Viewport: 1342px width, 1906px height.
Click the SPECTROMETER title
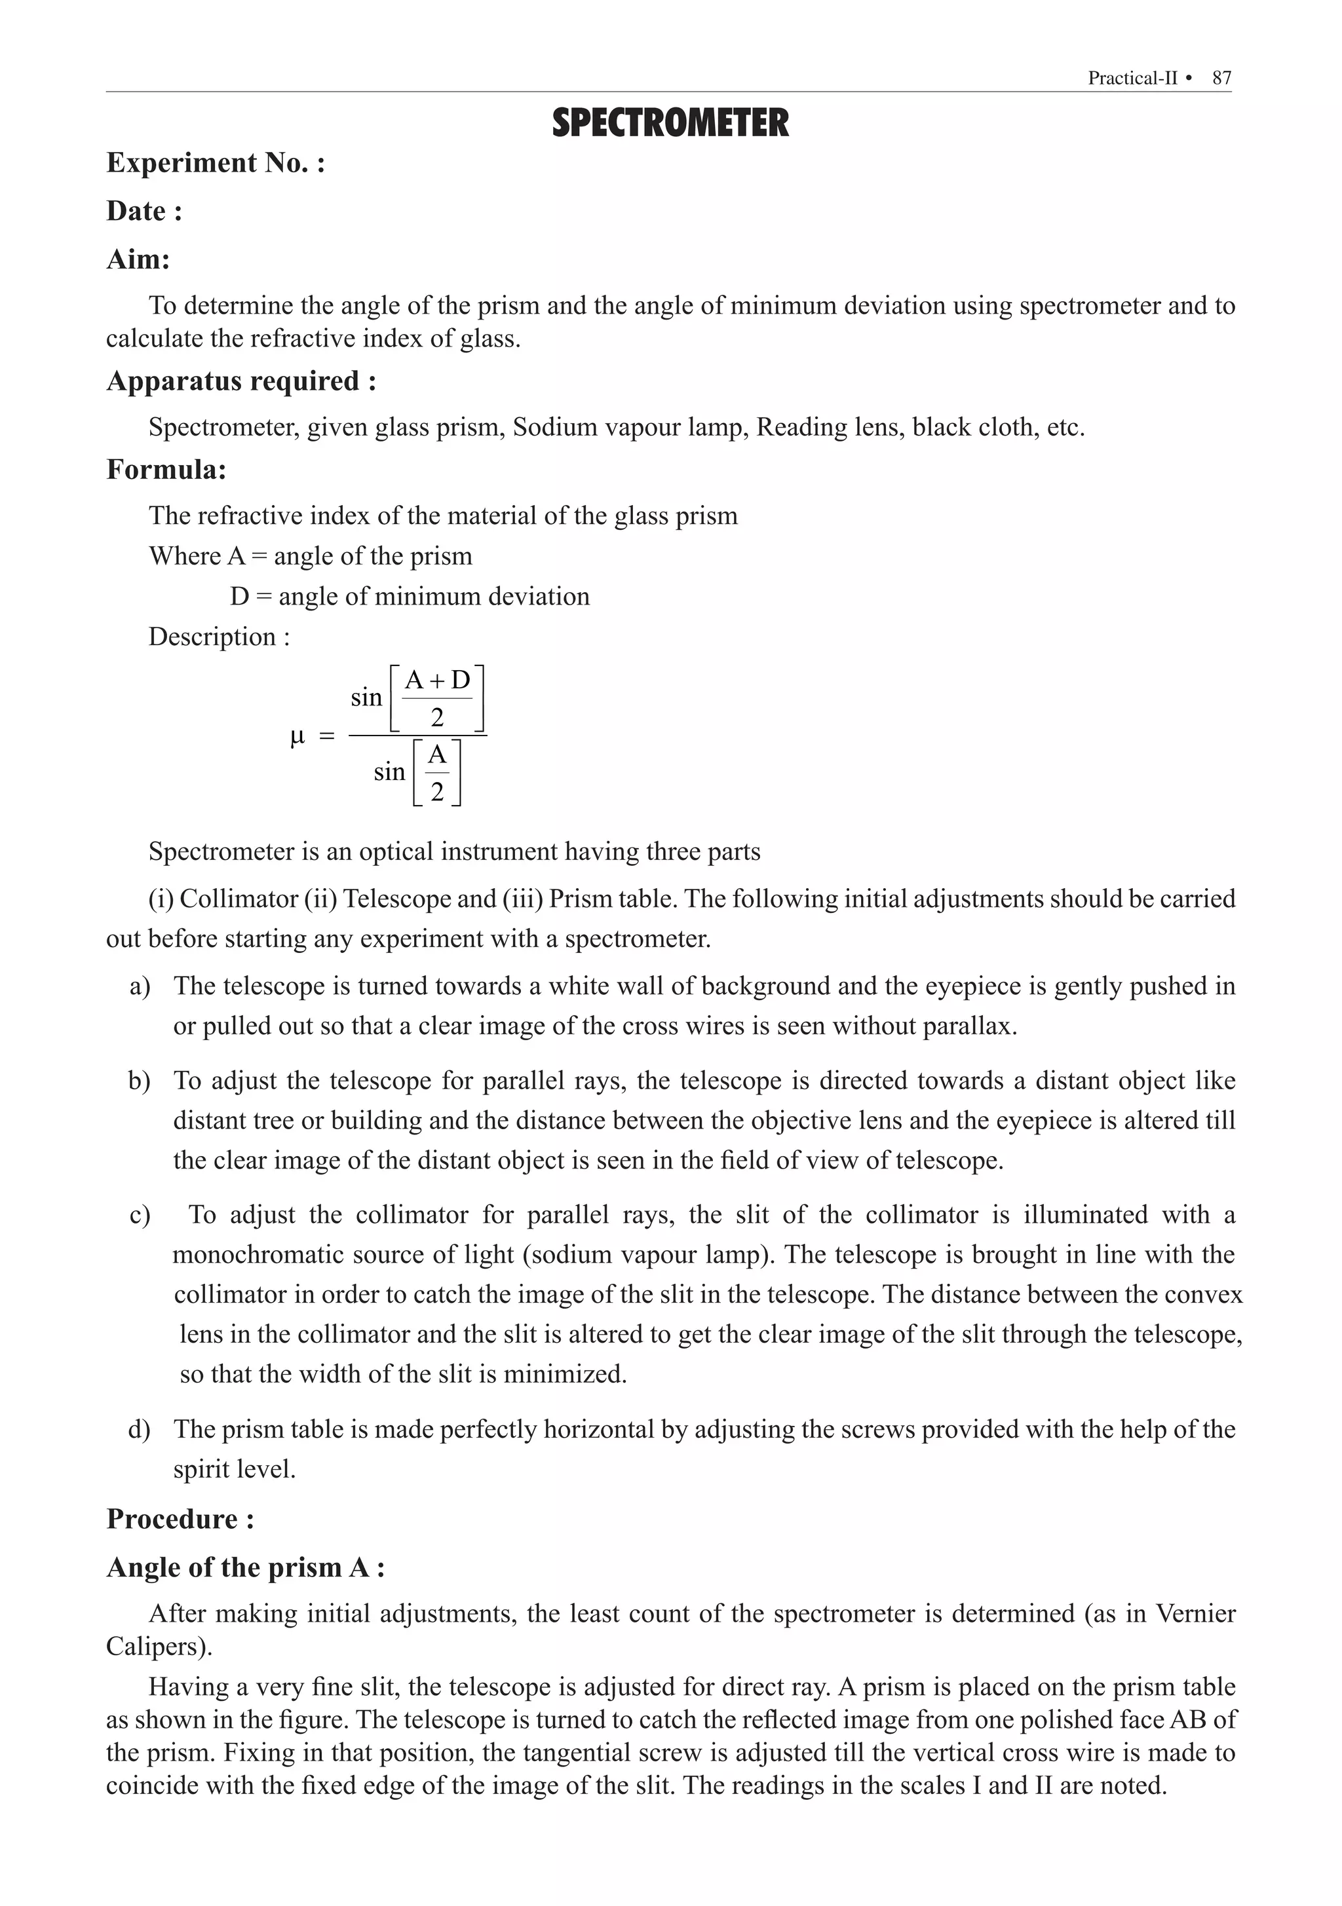click(670, 124)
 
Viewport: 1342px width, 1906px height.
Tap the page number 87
click(1221, 78)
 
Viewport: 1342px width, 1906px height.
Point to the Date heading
click(144, 211)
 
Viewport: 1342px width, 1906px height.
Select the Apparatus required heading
click(241, 381)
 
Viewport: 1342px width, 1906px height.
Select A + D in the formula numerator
click(437, 681)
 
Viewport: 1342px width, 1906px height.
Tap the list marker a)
click(140, 986)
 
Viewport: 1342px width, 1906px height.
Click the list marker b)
click(140, 1081)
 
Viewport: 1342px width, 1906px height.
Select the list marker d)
click(140, 1429)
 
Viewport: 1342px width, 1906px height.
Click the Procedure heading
click(180, 1518)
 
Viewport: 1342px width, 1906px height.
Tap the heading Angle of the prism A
click(245, 1567)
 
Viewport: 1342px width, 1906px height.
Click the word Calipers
click(158, 1645)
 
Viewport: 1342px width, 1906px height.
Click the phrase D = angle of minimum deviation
click(410, 596)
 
